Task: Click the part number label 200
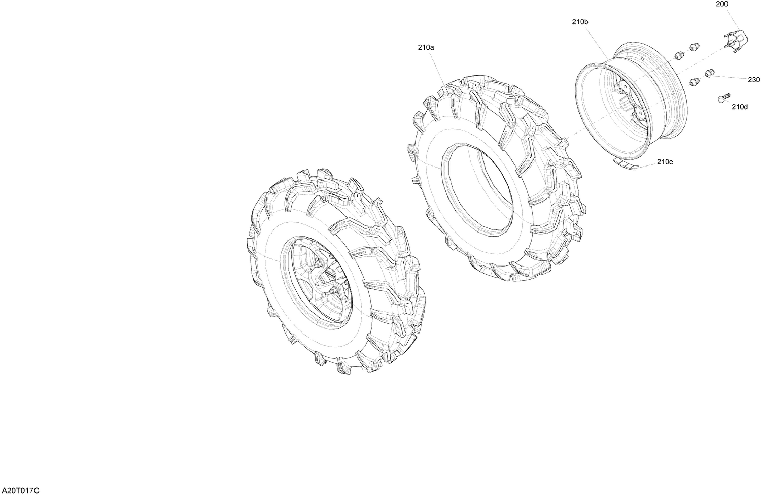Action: coord(721,4)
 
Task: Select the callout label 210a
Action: coord(426,47)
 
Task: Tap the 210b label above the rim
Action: coord(580,22)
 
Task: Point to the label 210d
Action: coord(739,107)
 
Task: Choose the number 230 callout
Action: coord(754,80)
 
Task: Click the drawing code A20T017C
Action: coord(20,491)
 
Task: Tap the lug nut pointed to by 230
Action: coord(710,73)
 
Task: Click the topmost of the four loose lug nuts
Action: coord(693,47)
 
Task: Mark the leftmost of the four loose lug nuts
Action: coord(677,56)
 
